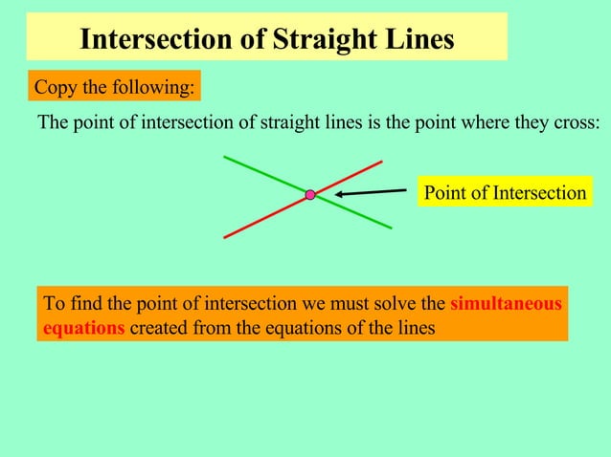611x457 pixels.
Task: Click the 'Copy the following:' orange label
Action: (x=114, y=88)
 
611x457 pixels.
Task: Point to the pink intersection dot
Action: (x=310, y=195)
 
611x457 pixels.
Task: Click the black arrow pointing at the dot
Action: (x=372, y=193)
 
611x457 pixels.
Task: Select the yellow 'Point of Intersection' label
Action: (x=505, y=193)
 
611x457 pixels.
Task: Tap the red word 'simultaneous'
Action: (x=506, y=304)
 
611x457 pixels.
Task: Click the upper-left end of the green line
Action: (x=224, y=156)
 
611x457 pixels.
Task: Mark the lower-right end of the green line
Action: (x=391, y=228)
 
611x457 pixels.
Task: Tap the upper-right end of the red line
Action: (x=382, y=162)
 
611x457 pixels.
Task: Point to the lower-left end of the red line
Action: (x=225, y=236)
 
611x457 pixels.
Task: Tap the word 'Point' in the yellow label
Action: (x=444, y=193)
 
